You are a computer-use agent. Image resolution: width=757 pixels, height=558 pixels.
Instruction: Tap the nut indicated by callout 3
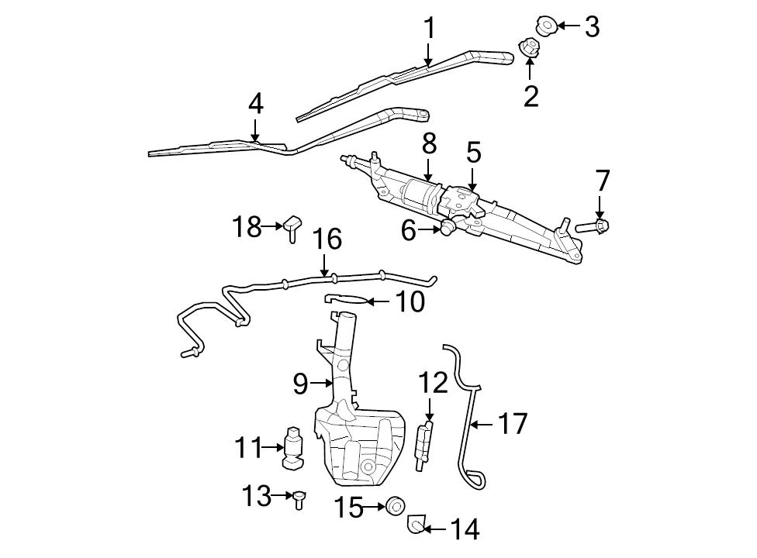tap(546, 26)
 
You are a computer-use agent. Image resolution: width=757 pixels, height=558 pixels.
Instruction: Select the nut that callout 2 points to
tap(529, 48)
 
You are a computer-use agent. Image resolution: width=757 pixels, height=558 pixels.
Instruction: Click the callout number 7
tap(603, 181)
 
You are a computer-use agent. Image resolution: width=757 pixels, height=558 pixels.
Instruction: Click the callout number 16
tap(327, 239)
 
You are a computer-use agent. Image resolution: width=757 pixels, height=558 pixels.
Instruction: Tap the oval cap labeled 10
tap(344, 299)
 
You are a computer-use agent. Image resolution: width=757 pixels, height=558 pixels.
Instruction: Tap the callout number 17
tap(512, 424)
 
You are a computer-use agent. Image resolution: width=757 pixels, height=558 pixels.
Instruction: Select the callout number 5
tap(473, 152)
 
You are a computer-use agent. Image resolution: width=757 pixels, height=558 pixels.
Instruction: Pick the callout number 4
tap(255, 104)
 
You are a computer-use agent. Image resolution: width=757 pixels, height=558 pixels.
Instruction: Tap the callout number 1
tap(428, 29)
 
